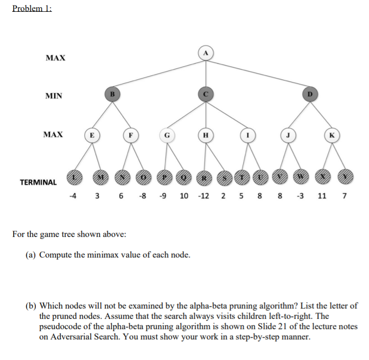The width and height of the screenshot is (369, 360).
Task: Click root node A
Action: (x=206, y=53)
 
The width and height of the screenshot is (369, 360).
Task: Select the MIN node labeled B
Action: (x=112, y=93)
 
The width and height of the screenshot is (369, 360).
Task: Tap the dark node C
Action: (x=206, y=93)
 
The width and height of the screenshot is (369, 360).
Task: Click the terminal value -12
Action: (x=203, y=197)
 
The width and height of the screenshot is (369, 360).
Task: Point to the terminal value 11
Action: (x=322, y=197)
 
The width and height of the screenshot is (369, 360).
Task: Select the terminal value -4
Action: (x=73, y=197)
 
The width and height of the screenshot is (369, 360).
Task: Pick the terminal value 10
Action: (x=184, y=197)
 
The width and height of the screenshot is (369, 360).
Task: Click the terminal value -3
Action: (x=302, y=197)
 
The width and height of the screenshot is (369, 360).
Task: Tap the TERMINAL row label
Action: (x=38, y=182)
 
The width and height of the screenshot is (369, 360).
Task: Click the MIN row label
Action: (x=54, y=96)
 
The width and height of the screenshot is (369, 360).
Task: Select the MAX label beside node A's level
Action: (x=55, y=58)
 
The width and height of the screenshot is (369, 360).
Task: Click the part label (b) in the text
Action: (x=31, y=306)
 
